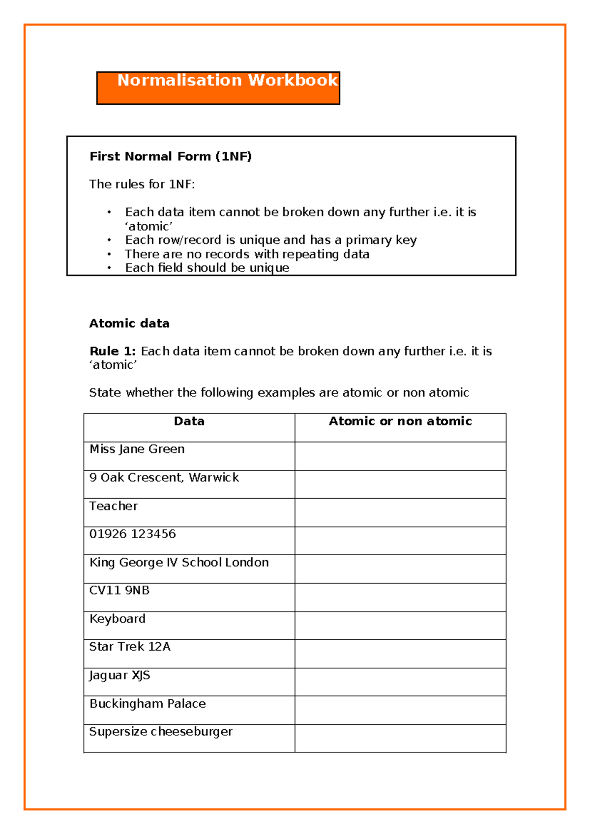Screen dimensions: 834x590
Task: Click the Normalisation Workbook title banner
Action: coord(218,88)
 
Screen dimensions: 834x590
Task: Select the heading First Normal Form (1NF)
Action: coord(170,156)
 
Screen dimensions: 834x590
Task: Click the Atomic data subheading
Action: coord(129,324)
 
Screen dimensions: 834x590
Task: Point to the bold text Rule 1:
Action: coord(113,351)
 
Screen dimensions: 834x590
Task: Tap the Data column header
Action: coord(189,421)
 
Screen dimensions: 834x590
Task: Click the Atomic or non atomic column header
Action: coord(400,421)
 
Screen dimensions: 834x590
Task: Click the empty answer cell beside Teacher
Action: coord(400,512)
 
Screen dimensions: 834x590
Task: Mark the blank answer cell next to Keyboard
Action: coord(400,625)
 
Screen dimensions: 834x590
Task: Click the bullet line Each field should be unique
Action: coord(207,268)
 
